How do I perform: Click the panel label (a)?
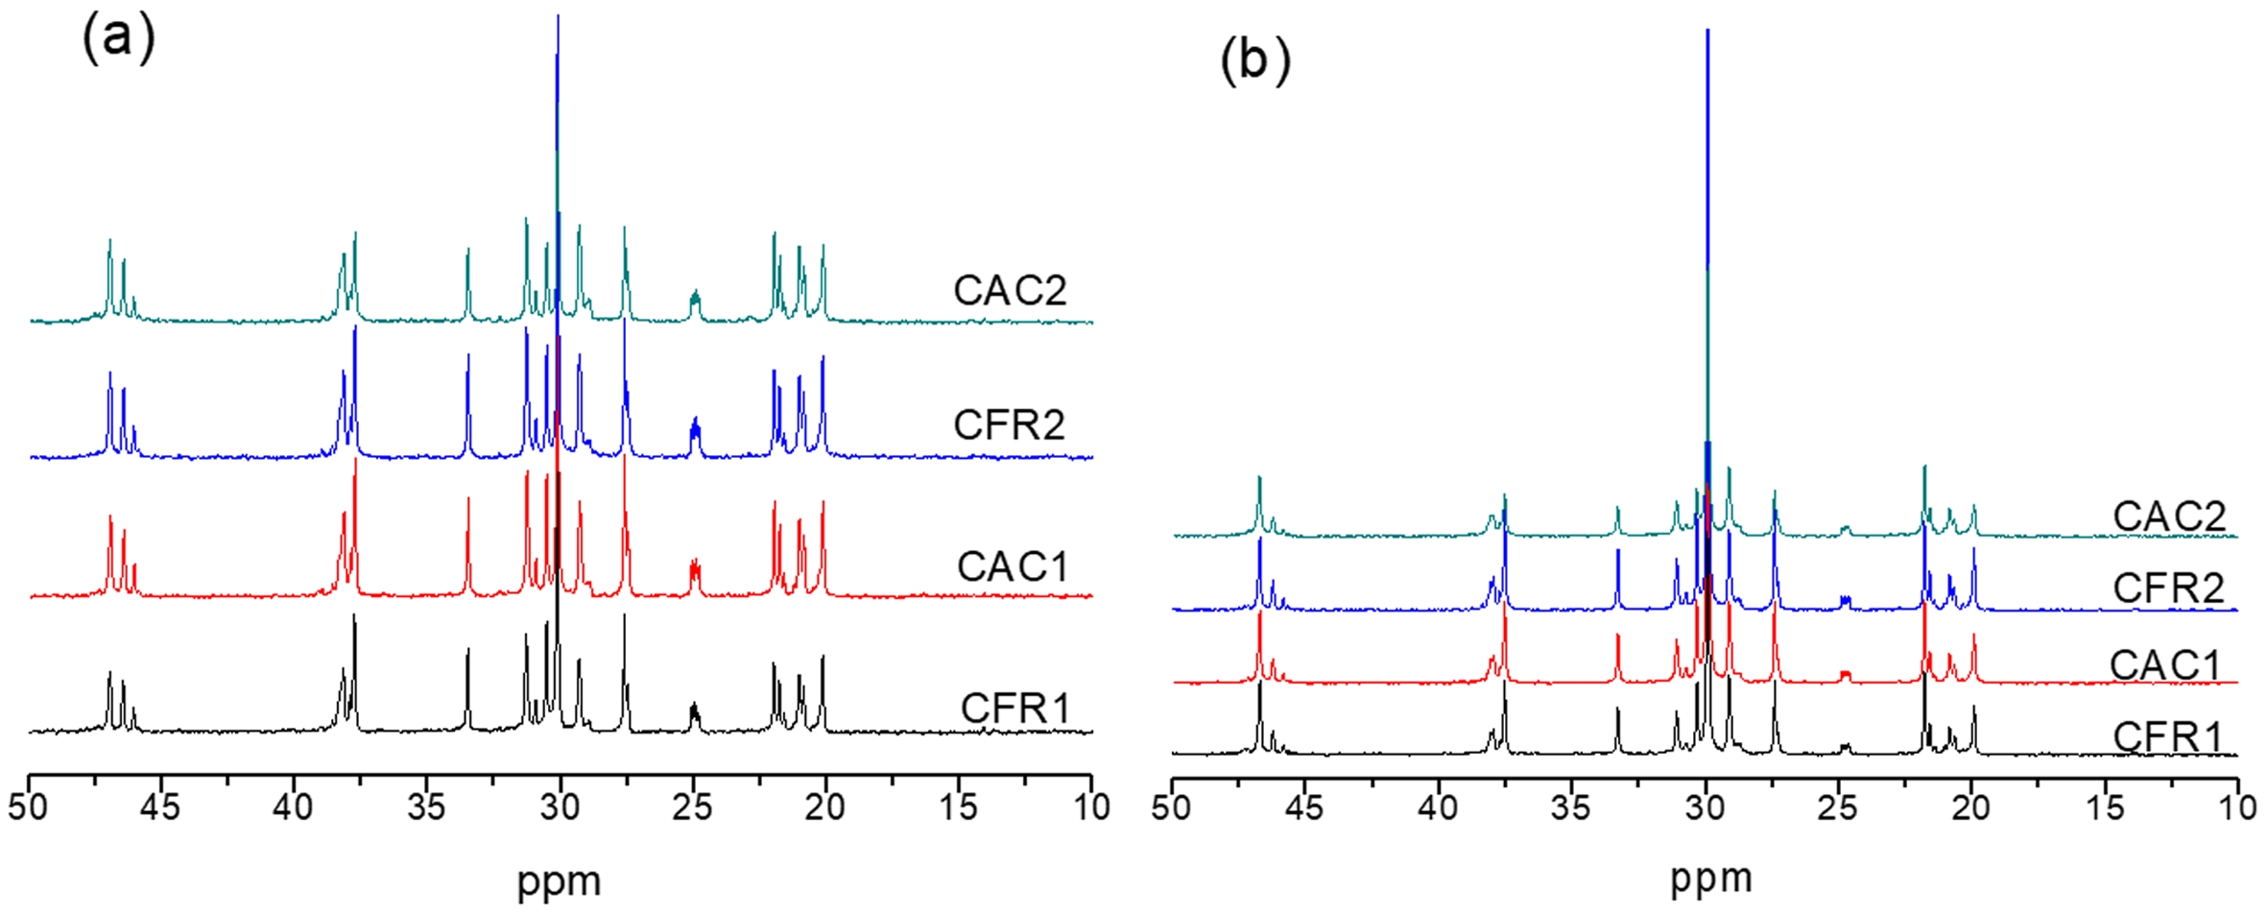(x=118, y=40)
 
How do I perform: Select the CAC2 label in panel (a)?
(x=1010, y=290)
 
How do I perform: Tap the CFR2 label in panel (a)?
(x=1010, y=424)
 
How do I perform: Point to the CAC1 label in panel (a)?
(x=1013, y=566)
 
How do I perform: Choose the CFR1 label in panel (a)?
(x=1014, y=709)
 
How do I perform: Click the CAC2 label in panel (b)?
(x=2169, y=517)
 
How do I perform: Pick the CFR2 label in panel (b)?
(x=2168, y=589)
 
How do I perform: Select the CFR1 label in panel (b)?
(x=2168, y=737)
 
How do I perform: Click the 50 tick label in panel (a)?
(x=28, y=807)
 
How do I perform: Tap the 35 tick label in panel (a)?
(x=426, y=807)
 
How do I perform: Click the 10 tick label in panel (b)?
(x=2237, y=807)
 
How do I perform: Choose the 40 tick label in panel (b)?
(x=1438, y=807)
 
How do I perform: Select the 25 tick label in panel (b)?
(x=1837, y=807)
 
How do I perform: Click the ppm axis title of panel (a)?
(x=560, y=881)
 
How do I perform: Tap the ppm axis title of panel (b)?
(x=1711, y=877)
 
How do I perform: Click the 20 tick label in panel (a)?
(x=825, y=807)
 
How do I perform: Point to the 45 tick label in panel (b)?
(x=1304, y=807)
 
